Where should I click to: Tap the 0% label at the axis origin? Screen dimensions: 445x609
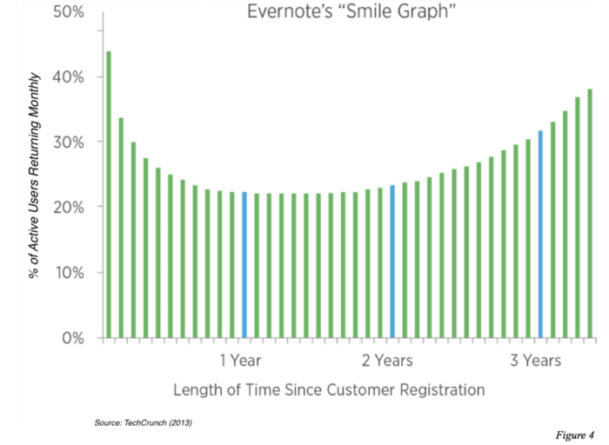pyautogui.click(x=69, y=337)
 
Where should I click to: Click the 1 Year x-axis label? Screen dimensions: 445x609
pyautogui.click(x=240, y=360)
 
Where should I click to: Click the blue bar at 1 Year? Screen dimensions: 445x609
pyautogui.click(x=244, y=264)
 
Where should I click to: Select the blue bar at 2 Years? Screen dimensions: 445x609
pyautogui.click(x=392, y=261)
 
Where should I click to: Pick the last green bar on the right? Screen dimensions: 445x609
pyautogui.click(x=590, y=213)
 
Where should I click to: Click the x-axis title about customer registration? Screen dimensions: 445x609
pyautogui.click(x=329, y=389)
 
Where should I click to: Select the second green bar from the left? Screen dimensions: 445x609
pyautogui.click(x=121, y=227)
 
